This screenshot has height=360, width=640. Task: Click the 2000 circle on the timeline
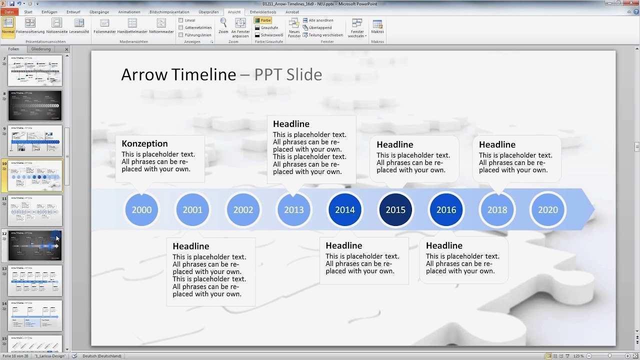tap(141, 209)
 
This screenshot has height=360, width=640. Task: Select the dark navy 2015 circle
tap(395, 209)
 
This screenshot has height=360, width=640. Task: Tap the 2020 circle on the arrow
tap(548, 209)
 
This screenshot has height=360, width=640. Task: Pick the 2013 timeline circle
tap(294, 209)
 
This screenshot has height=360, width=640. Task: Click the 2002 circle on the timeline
tap(243, 209)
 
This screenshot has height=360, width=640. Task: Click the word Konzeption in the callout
tap(144, 143)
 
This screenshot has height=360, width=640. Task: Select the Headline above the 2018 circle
tap(497, 144)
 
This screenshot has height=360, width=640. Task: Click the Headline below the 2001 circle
tap(190, 246)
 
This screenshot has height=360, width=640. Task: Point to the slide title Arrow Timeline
tap(178, 74)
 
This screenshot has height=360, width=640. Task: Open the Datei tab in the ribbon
tap(9, 12)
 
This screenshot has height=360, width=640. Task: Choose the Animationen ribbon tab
tap(129, 12)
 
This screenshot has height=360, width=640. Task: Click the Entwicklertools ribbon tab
tap(263, 12)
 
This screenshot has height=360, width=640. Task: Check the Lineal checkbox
tap(181, 20)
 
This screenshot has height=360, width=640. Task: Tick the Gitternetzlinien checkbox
tap(181, 28)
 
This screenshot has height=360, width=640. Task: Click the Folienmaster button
tap(104, 26)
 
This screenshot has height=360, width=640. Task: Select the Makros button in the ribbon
tap(377, 26)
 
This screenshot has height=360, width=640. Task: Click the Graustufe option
tap(257, 28)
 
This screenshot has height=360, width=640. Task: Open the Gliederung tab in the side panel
tap(41, 49)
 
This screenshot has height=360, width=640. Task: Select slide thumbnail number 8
tap(35, 105)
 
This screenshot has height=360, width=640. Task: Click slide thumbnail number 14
tap(35, 315)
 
